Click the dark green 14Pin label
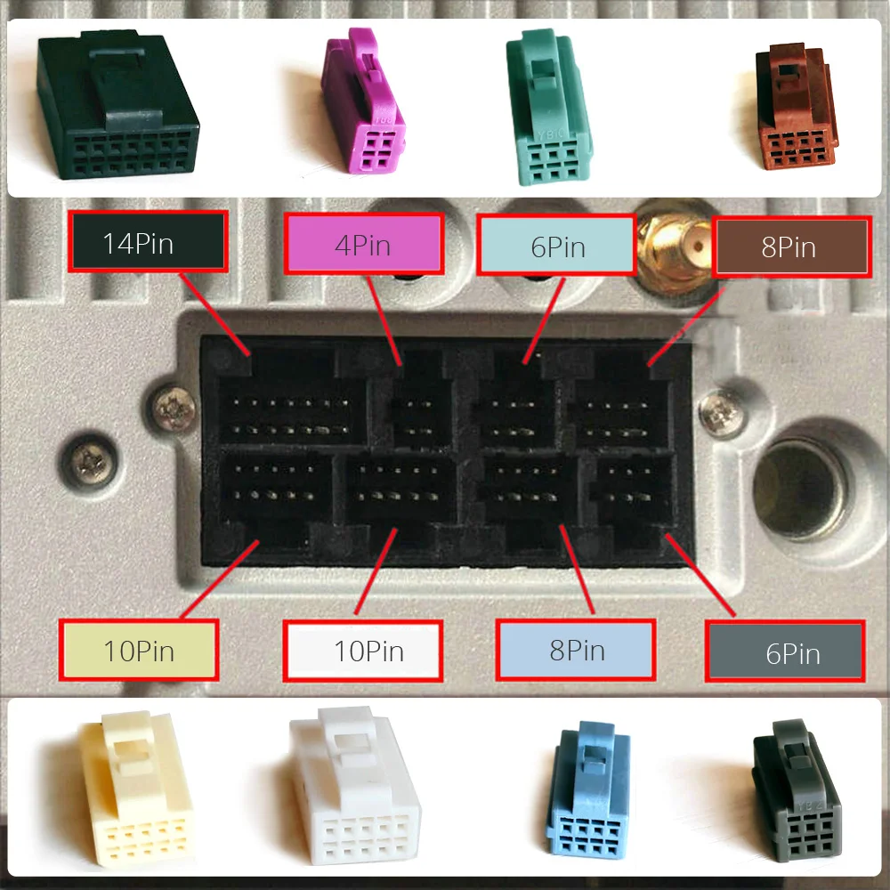[x=149, y=243]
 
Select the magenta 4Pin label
[x=364, y=244]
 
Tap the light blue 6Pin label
[x=557, y=245]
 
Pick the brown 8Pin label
[x=789, y=246]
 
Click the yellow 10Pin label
[x=139, y=650]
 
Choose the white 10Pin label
[x=362, y=650]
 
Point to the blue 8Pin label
[x=576, y=650]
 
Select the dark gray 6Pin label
[x=785, y=652]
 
